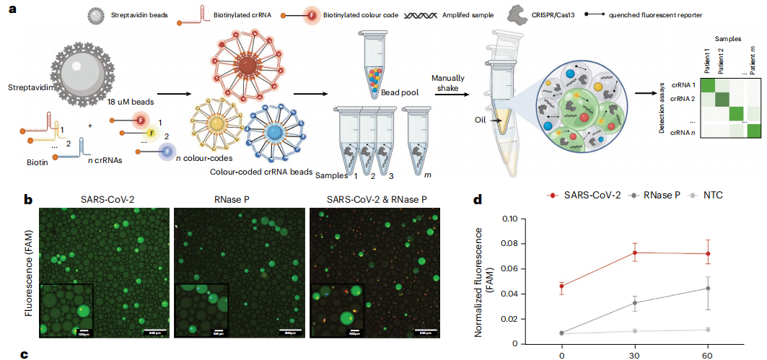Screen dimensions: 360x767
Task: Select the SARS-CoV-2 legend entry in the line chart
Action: point(577,196)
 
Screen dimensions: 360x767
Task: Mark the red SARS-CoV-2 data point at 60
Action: point(708,254)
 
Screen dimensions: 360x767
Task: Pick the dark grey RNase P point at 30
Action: point(635,303)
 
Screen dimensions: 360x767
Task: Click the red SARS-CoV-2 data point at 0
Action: point(562,286)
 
